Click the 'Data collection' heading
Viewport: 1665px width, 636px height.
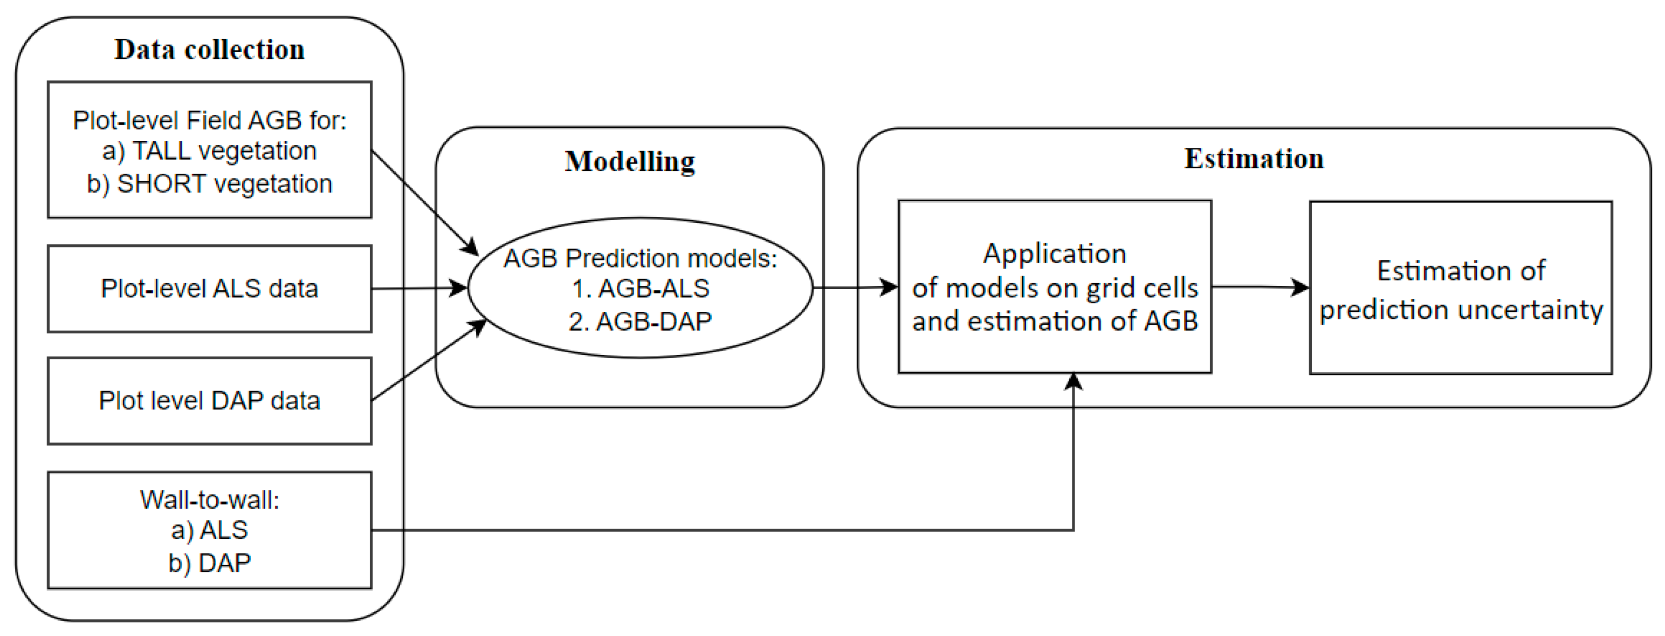[x=209, y=50]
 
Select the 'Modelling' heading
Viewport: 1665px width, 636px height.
[x=630, y=162]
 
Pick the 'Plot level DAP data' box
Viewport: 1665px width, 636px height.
[x=209, y=401]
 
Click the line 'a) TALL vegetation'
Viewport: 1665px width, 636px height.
[x=209, y=151]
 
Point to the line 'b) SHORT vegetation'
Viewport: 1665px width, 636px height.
[x=209, y=184]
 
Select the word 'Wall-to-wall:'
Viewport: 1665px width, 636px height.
[x=209, y=500]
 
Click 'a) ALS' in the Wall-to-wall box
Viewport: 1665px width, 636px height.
[x=209, y=530]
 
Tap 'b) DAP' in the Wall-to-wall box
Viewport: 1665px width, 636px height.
[x=209, y=563]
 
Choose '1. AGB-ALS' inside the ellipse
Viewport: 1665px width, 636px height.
[x=640, y=288]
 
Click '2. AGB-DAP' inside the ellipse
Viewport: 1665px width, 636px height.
[x=640, y=321]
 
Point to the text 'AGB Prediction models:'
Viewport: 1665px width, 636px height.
[x=640, y=258]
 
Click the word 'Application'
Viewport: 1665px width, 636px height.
[x=1054, y=254]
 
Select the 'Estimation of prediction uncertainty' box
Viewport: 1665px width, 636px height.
[x=1461, y=288]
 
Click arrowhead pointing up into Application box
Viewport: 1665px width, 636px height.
[x=1073, y=381]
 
